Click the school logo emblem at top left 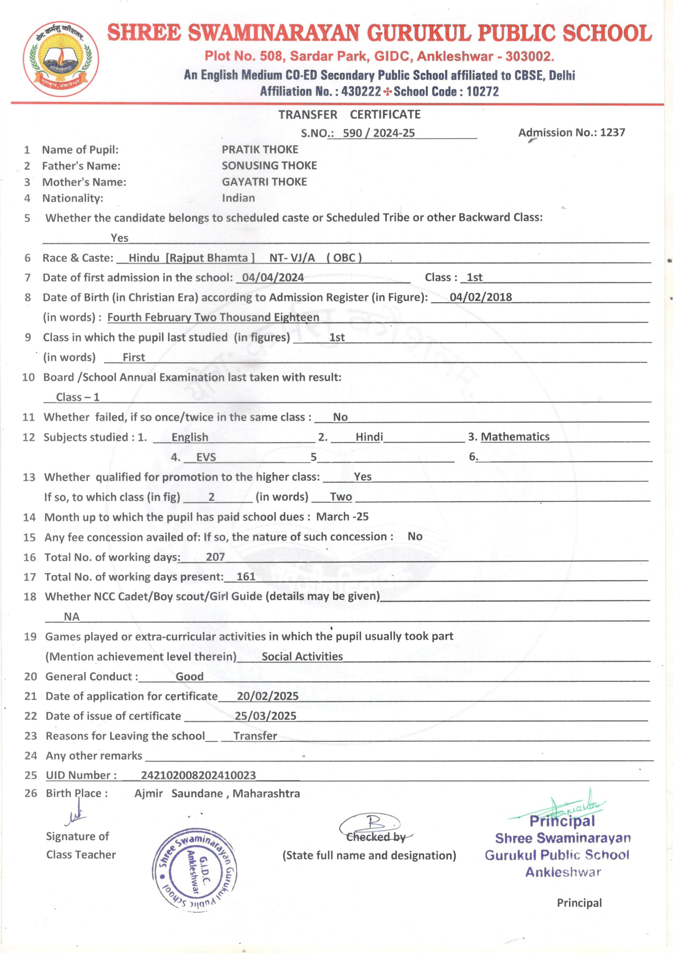(61, 59)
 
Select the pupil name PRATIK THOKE (260, 149)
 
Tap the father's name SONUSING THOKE (269, 166)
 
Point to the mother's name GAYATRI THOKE (264, 182)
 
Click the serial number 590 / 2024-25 (379, 133)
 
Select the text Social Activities (302, 656)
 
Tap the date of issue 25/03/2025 (265, 716)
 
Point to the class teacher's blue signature (75, 816)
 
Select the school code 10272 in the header (482, 91)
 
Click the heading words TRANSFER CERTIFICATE (349, 114)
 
